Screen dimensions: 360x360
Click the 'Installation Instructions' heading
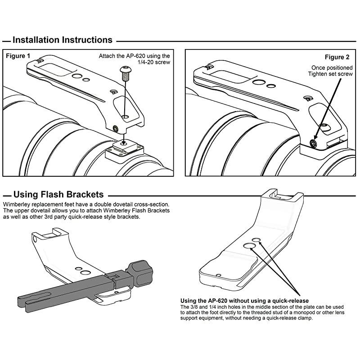(x=62, y=40)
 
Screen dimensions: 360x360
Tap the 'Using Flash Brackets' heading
(x=58, y=195)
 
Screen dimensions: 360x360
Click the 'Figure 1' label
(x=18, y=56)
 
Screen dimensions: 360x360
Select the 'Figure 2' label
(x=337, y=57)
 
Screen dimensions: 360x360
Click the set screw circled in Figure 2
(x=313, y=144)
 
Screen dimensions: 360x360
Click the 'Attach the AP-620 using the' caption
(x=135, y=56)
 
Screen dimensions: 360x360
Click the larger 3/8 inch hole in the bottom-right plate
(x=249, y=245)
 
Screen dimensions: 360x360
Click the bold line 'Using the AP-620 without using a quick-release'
(x=244, y=301)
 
